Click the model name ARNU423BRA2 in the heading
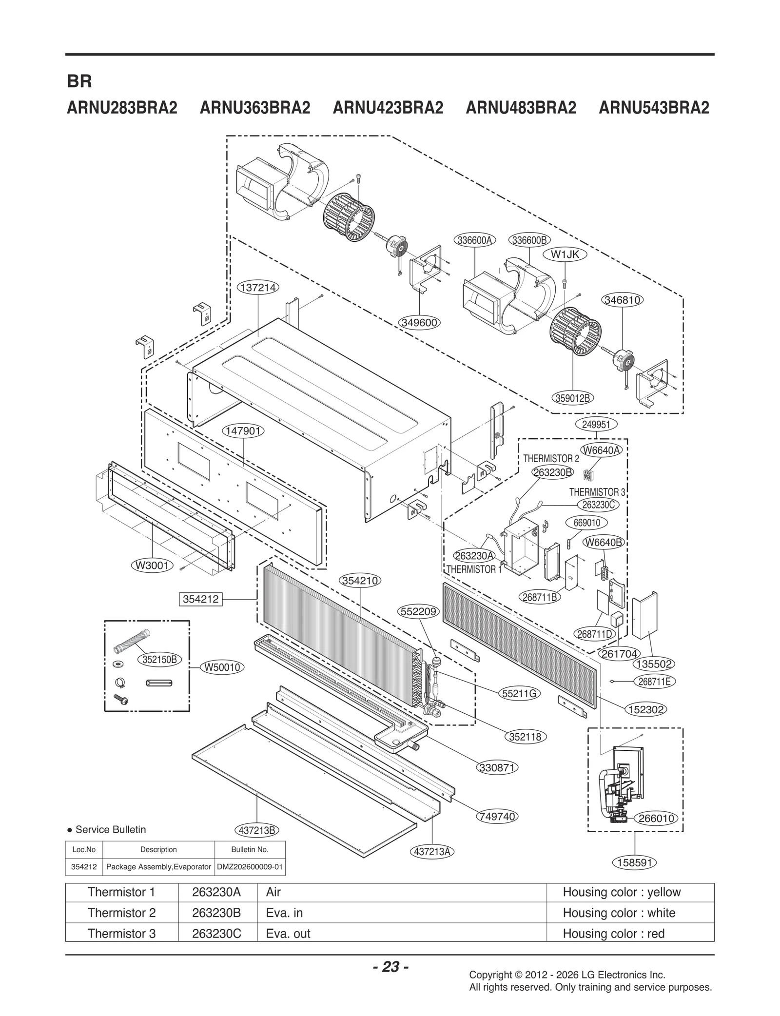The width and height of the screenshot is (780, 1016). point(388,108)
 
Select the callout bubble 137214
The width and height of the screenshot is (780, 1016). point(258,288)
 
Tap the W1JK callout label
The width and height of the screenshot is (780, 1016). point(565,254)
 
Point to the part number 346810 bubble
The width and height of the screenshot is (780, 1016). point(622,300)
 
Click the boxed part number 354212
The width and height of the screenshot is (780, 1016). point(200,599)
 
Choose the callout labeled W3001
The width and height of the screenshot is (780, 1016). point(153,565)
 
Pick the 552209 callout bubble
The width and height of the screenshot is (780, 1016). point(419,611)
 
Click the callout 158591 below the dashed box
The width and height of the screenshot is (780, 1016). point(634,862)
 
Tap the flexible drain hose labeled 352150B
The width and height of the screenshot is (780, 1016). point(132,643)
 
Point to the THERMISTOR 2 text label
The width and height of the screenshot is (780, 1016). point(551,459)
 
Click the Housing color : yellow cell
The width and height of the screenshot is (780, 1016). point(621,892)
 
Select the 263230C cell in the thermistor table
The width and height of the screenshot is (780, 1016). point(216,934)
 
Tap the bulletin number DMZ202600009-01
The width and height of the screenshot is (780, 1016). point(250,867)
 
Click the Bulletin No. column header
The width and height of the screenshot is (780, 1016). point(250,849)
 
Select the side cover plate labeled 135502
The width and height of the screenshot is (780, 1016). point(644,617)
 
